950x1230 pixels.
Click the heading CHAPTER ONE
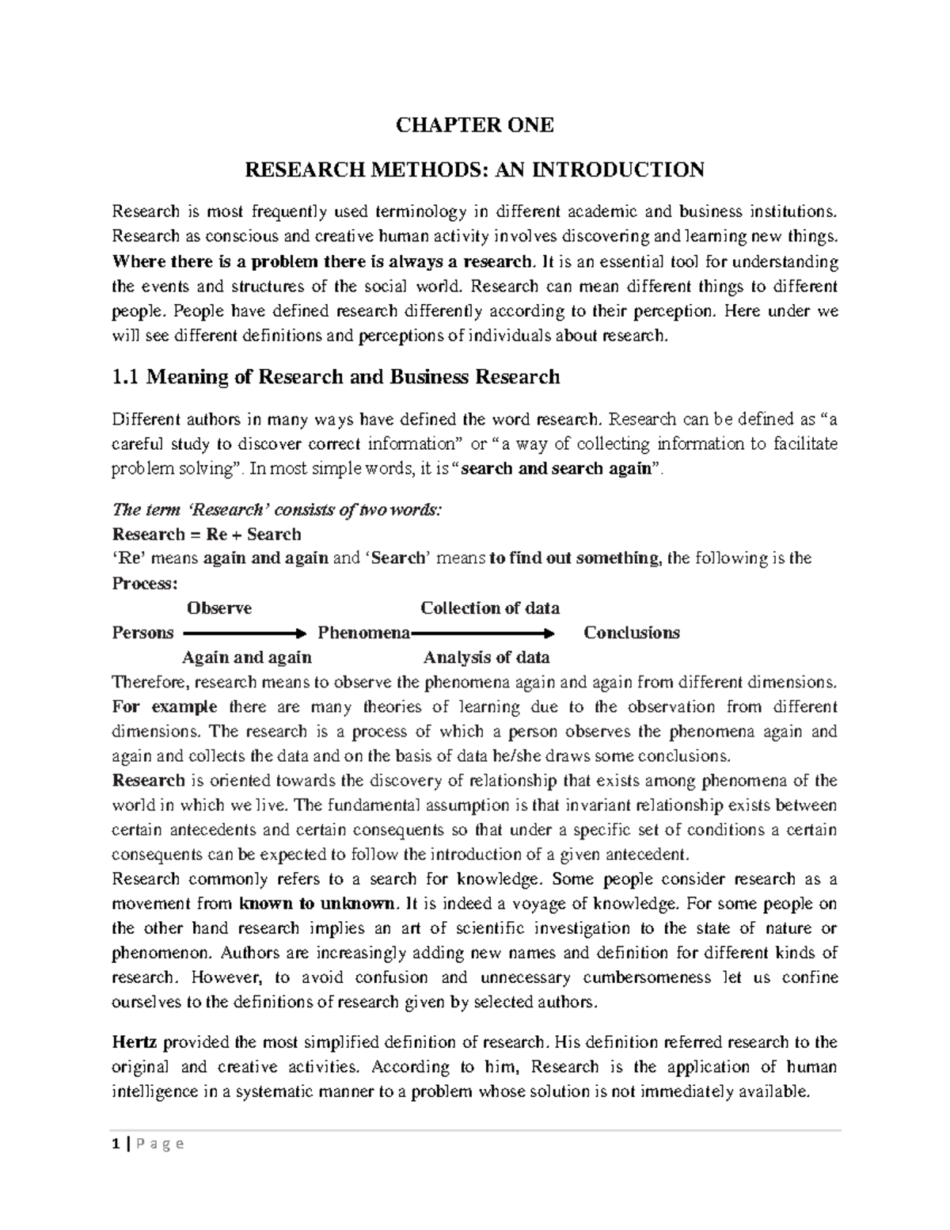474,125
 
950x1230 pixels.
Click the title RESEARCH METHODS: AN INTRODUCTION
474,169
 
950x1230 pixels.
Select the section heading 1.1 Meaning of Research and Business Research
336,377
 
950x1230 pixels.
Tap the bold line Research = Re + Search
207,534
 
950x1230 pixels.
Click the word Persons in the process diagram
143,633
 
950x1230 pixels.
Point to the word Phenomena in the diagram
363,633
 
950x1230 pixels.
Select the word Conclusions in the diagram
631,633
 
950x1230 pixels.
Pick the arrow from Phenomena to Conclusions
483,634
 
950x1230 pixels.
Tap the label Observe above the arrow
218,608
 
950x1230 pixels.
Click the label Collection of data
489,608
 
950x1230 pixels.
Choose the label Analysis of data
486,657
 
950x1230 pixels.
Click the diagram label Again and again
246,657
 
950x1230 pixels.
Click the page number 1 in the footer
116,1144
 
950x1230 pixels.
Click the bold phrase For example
164,706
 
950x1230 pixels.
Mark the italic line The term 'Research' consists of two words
276,510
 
